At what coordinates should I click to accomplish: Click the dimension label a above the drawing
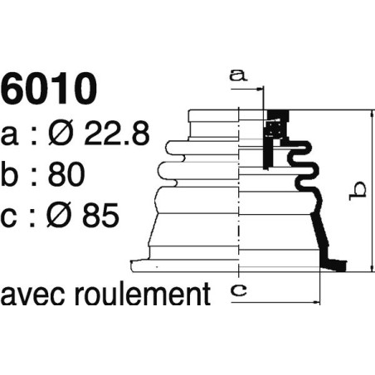pos(240,75)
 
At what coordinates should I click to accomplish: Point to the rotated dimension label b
pos(356,190)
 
